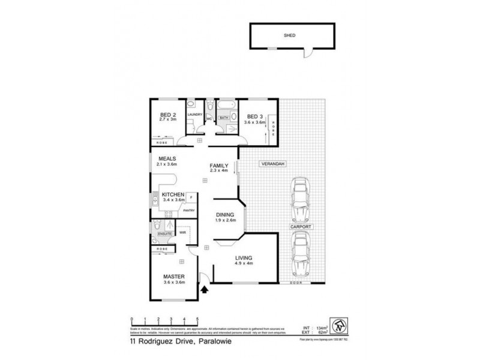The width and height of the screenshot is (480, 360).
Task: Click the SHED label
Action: click(x=289, y=35)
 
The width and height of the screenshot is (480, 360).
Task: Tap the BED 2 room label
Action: click(x=167, y=115)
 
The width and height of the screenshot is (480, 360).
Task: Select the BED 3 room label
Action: click(x=255, y=116)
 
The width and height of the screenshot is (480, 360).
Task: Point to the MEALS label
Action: click(x=167, y=158)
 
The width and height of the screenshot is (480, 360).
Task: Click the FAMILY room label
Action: click(x=218, y=166)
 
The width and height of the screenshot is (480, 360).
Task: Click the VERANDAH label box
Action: click(x=272, y=164)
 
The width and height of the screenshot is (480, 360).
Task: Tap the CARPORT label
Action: click(x=300, y=229)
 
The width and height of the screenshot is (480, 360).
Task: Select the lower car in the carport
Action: click(x=300, y=253)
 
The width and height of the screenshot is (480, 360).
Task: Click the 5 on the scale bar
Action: click(x=197, y=319)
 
